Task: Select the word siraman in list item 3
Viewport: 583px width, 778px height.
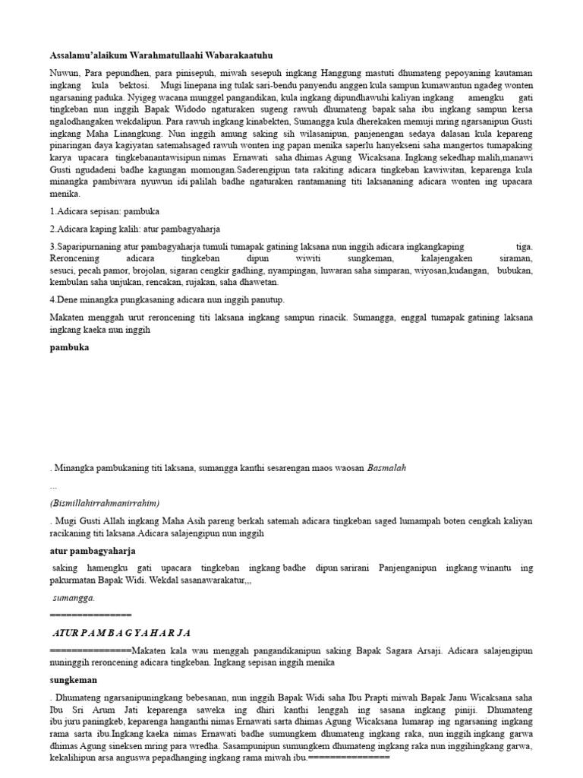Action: point(517,259)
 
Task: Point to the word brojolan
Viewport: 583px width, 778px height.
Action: point(150,271)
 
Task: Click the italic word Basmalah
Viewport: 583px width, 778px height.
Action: point(387,468)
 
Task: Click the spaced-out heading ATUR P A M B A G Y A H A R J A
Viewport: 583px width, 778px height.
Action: point(121,632)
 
